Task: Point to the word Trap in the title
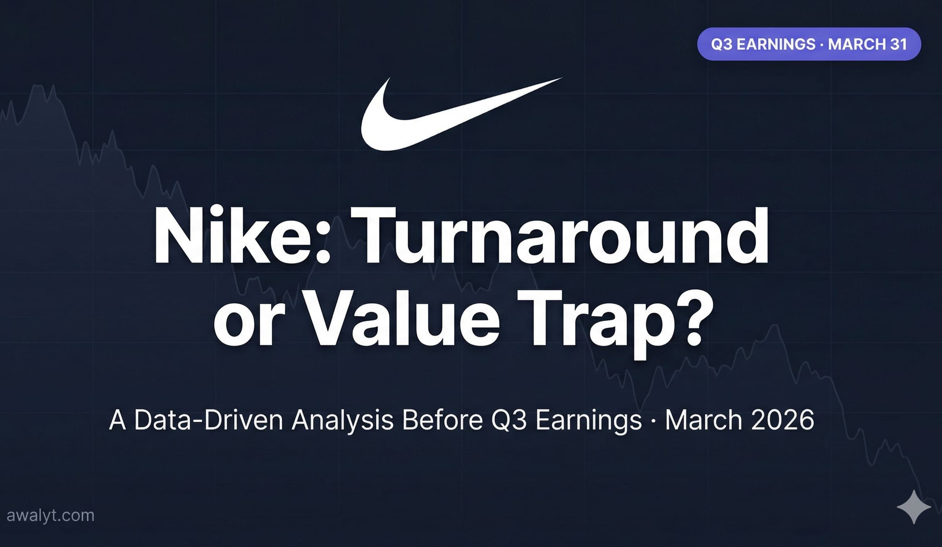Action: click(x=584, y=322)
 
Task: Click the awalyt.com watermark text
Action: click(x=50, y=515)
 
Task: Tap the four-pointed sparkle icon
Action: click(x=914, y=507)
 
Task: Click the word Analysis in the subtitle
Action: click(x=342, y=421)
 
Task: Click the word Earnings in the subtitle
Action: click(x=589, y=421)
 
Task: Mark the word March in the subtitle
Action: click(x=703, y=420)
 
